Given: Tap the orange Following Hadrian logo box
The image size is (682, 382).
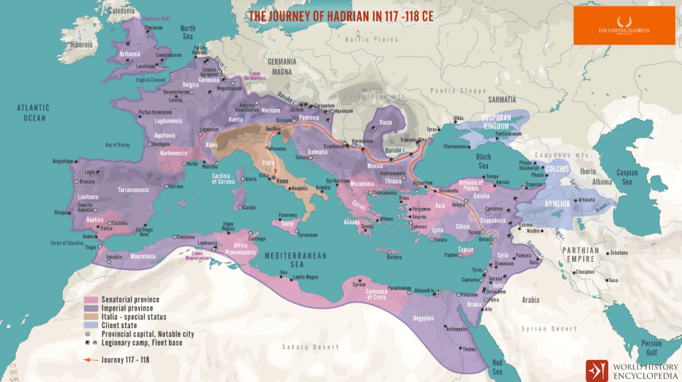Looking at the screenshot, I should (625, 26).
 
